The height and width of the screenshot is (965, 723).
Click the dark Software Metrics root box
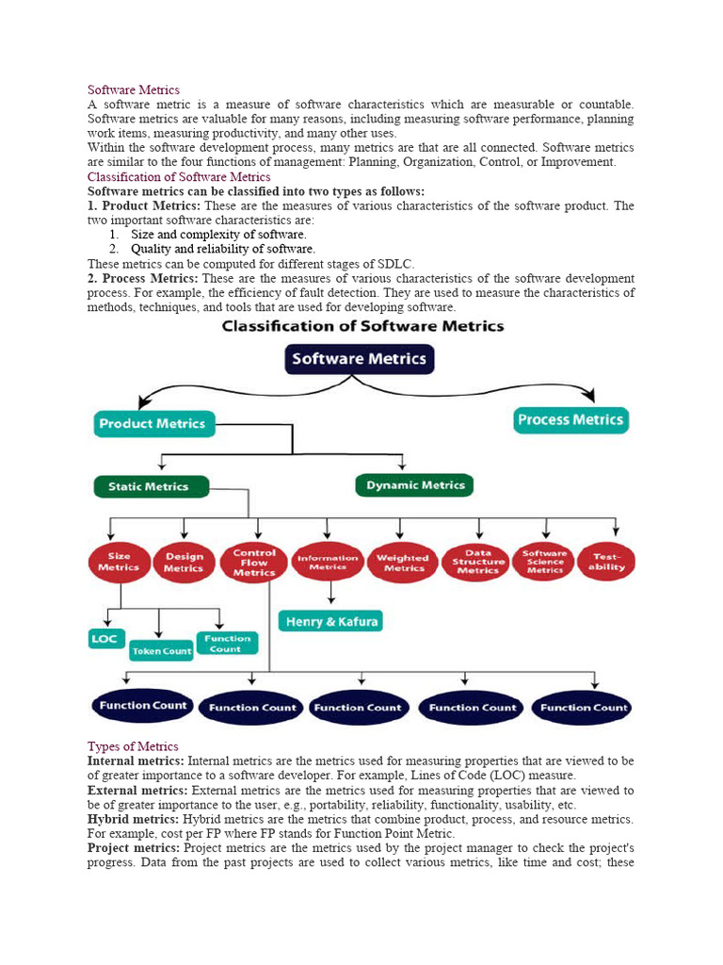(359, 359)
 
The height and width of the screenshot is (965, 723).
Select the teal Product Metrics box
(153, 424)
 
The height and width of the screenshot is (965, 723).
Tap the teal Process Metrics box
(570, 420)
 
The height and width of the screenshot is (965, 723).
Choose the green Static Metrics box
(148, 487)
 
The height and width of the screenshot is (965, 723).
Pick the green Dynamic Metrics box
(415, 485)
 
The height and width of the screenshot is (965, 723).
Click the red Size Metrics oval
(119, 562)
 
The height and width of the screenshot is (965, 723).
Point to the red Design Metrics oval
(184, 563)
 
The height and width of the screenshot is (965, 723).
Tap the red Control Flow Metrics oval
(253, 562)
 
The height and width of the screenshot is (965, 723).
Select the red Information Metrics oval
(328, 562)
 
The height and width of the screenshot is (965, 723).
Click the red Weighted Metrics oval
(403, 563)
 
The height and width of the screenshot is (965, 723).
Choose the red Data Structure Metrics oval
(477, 563)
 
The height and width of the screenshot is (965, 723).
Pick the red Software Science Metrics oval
(544, 563)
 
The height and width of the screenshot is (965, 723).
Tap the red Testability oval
(606, 562)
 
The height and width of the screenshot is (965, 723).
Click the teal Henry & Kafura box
(330, 622)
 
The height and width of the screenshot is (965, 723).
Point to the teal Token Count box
(161, 650)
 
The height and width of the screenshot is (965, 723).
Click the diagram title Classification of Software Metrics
(362, 326)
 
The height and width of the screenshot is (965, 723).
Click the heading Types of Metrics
(133, 746)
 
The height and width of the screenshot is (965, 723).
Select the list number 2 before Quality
(112, 249)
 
